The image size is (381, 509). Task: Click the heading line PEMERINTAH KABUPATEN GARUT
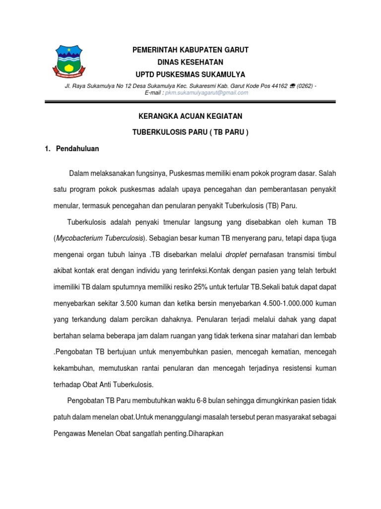click(190, 50)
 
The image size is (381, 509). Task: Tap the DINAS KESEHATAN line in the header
click(190, 62)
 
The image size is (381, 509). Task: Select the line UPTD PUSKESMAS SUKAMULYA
click(190, 75)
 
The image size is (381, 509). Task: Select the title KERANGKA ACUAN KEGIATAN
click(190, 116)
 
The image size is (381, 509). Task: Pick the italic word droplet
click(236, 254)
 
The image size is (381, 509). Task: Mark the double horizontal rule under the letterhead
click(190, 102)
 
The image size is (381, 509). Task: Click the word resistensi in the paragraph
click(295, 368)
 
